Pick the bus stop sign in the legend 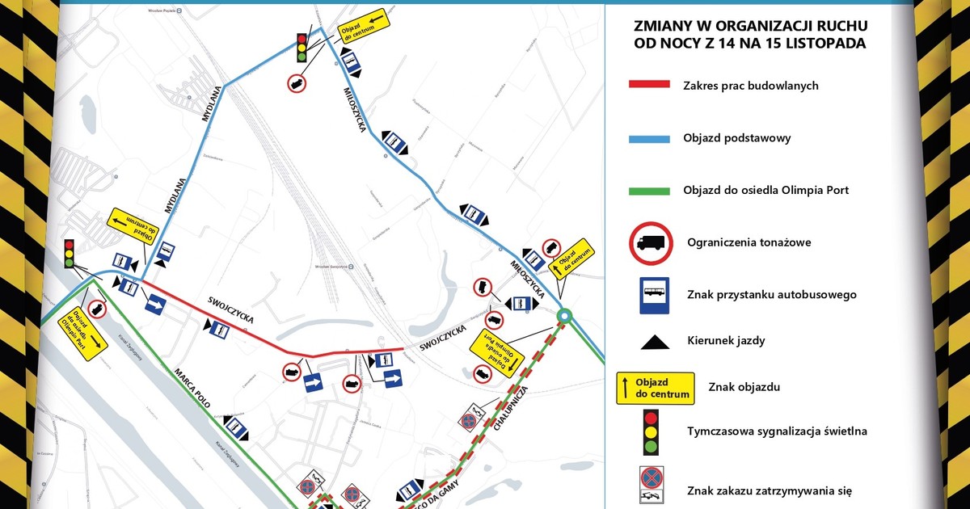(x=651, y=294)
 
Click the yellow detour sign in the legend (x=655, y=388)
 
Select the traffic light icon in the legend (x=651, y=431)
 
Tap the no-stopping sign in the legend (x=652, y=480)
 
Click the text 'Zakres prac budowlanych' (x=751, y=86)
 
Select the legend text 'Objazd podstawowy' (x=736, y=138)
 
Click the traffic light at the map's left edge (x=70, y=253)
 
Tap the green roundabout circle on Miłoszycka (x=566, y=316)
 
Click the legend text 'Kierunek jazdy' (x=724, y=341)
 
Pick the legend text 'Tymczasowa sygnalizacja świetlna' (x=777, y=431)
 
